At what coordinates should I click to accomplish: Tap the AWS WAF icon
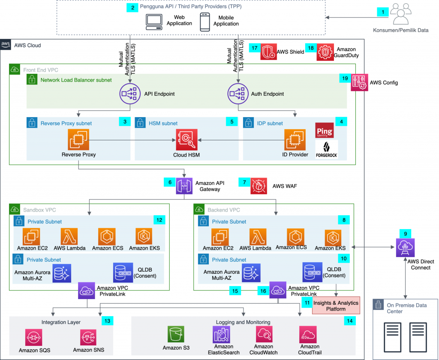259,186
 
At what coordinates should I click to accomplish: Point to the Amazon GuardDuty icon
325,52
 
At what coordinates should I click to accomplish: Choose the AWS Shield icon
269,52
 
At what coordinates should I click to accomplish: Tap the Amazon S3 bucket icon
176,334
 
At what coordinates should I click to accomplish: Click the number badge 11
307,303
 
